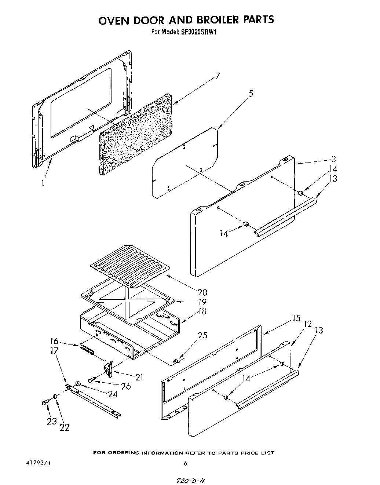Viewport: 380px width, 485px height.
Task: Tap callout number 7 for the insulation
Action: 218,76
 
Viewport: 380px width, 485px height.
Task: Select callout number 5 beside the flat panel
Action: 251,94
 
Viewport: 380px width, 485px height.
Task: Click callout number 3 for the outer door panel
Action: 333,159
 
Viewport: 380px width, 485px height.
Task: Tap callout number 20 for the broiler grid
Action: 202,292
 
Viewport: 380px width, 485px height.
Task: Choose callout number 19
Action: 202,302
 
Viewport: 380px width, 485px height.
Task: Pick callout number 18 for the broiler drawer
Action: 202,311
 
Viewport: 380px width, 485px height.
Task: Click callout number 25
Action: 202,335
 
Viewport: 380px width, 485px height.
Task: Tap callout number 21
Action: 139,377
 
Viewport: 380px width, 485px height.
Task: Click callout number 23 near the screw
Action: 52,421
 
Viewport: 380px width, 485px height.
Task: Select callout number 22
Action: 65,427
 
